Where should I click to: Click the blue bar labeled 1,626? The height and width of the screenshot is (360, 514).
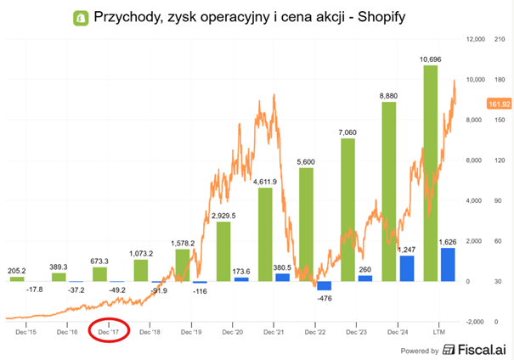click(x=448, y=264)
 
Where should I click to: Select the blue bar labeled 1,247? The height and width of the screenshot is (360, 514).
click(x=407, y=268)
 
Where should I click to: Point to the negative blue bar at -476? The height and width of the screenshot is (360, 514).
click(x=324, y=286)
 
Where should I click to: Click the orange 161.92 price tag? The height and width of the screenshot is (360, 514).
click(x=500, y=104)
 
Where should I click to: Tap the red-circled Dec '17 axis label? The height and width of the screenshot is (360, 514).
click(x=109, y=331)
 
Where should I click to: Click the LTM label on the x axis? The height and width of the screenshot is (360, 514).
click(x=440, y=331)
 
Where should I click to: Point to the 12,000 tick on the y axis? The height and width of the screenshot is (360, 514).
click(x=472, y=39)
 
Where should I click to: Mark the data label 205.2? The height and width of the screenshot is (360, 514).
click(x=17, y=249)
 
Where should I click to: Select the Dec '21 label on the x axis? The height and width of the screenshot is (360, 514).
click(x=274, y=331)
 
